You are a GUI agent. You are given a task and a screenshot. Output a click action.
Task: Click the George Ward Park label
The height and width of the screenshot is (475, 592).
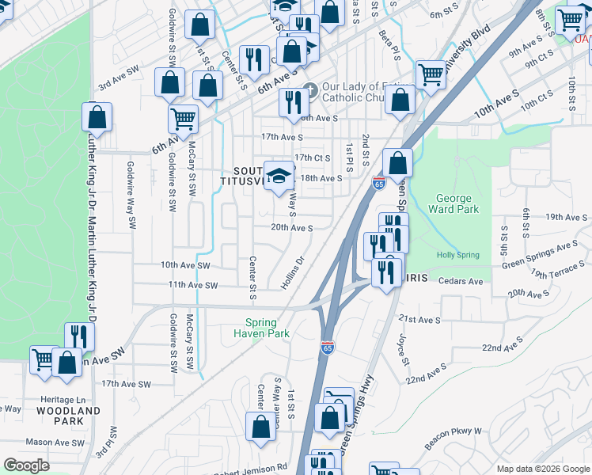(x=453, y=204)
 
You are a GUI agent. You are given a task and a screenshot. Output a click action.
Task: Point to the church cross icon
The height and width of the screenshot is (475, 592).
(x=309, y=89)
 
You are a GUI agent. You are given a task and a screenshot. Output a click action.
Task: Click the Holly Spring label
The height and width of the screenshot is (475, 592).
(x=458, y=255)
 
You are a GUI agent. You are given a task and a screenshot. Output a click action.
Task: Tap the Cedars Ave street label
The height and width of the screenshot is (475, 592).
(x=462, y=281)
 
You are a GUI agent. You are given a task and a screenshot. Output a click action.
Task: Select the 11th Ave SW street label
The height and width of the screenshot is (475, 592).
(x=188, y=285)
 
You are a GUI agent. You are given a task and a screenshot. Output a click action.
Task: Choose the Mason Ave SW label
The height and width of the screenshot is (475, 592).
(x=49, y=442)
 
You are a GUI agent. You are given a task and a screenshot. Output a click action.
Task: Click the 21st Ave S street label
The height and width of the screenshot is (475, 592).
(x=419, y=319)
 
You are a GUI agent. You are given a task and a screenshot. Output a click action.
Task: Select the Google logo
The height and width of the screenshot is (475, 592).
(x=26, y=465)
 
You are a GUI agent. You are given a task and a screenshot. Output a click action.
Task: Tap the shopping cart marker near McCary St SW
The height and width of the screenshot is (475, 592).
(x=183, y=119)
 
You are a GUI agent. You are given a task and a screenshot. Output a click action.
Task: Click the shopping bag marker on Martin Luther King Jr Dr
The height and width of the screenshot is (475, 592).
(x=97, y=117)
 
